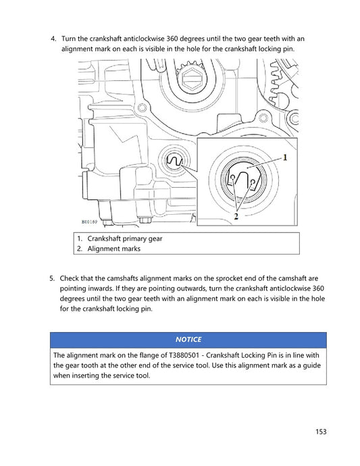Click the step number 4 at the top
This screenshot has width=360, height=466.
click(55, 39)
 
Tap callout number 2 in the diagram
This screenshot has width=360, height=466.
click(236, 217)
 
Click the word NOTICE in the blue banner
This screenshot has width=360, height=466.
click(188, 339)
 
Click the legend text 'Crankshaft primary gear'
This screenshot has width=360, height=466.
click(125, 238)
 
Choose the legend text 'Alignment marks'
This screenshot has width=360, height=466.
click(113, 249)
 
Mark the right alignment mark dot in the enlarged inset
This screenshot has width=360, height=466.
click(251, 180)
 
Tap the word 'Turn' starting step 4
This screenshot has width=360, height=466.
click(70, 39)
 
